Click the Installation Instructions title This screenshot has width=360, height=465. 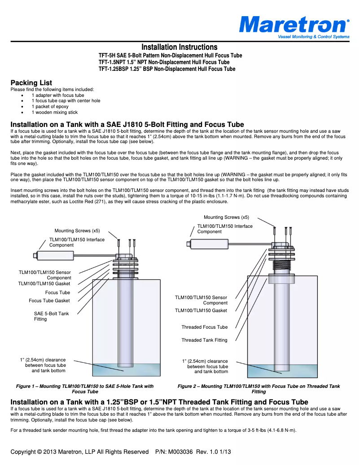tap(180, 47)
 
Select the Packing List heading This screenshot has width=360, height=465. tap(31, 83)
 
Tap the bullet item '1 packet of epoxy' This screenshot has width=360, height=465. tap(50, 107)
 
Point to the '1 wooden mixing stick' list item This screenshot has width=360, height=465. tap(54, 113)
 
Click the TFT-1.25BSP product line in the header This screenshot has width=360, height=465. tap(167, 69)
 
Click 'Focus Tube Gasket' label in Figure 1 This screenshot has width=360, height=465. tap(49, 300)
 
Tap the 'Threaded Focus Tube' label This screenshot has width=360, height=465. tap(204, 327)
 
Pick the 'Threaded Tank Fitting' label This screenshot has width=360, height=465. tap(204, 340)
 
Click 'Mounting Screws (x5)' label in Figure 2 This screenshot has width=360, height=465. tap(226, 217)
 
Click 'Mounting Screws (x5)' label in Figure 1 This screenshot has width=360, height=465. tap(77, 230)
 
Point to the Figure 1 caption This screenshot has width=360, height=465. tap(85, 389)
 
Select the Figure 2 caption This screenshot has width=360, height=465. tap(259, 389)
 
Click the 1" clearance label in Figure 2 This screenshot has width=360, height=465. tap(205, 366)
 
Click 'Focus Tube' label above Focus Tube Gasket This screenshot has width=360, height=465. tap(57, 292)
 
